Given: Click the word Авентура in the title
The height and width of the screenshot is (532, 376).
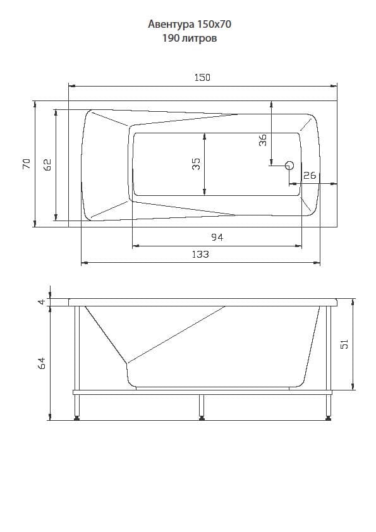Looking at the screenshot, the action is pyautogui.click(x=171, y=25).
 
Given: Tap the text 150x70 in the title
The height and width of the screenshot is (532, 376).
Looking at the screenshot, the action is pyautogui.click(x=214, y=24).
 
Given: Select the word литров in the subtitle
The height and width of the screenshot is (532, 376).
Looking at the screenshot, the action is pyautogui.click(x=199, y=39).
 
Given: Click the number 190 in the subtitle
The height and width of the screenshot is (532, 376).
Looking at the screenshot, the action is pyautogui.click(x=171, y=38).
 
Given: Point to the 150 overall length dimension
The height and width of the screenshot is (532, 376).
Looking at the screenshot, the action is pyautogui.click(x=202, y=78).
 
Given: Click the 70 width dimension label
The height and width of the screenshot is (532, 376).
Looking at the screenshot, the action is pyautogui.click(x=27, y=164).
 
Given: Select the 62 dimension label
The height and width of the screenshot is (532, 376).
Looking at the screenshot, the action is pyautogui.click(x=47, y=164).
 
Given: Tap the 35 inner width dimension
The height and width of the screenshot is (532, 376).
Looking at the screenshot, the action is pyautogui.click(x=196, y=164).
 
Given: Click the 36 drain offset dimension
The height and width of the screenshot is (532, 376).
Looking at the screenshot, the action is pyautogui.click(x=263, y=140).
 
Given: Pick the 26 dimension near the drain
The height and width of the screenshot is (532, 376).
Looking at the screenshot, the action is pyautogui.click(x=310, y=176).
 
